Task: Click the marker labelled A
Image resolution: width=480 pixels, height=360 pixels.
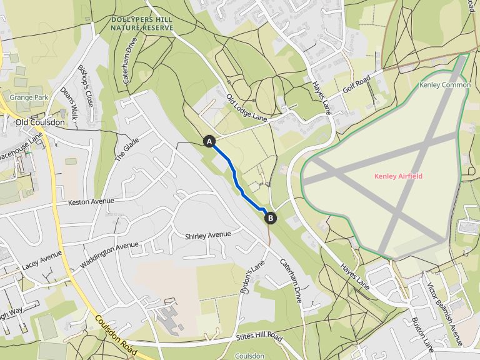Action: pyautogui.click(x=209, y=142)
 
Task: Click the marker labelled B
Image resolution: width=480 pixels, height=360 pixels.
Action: pyautogui.click(x=271, y=218)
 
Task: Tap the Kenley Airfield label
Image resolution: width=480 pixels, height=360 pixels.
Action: pyautogui.click(x=398, y=176)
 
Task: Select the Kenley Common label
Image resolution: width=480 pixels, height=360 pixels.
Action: pyautogui.click(x=444, y=85)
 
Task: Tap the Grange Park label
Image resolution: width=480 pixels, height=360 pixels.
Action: pyautogui.click(x=29, y=98)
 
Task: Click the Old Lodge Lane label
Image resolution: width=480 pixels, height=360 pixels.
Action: pyautogui.click(x=246, y=107)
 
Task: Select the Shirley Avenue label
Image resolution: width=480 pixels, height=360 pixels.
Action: pyautogui.click(x=208, y=235)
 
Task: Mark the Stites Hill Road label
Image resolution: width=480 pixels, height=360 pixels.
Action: pyautogui.click(x=259, y=337)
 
